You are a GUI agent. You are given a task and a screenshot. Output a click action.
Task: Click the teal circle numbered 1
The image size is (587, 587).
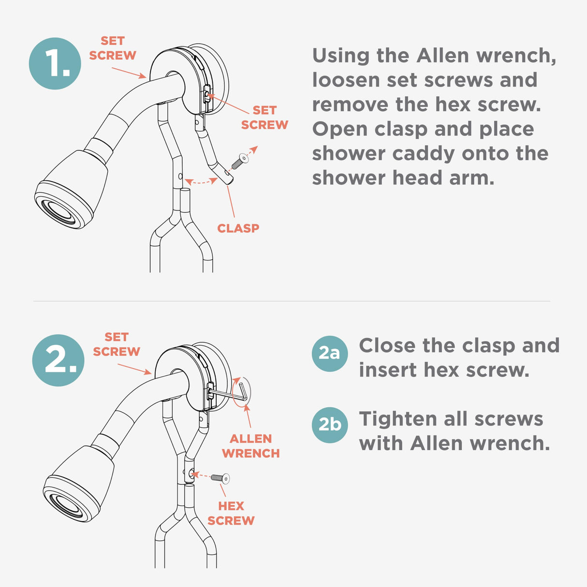pyautogui.click(x=55, y=63)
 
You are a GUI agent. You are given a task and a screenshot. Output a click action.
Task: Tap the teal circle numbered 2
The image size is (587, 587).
pyautogui.click(x=58, y=360)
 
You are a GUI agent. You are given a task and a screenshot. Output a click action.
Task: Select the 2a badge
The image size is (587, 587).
pyautogui.click(x=330, y=353)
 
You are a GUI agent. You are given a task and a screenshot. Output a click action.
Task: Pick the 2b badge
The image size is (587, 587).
pyautogui.click(x=330, y=425)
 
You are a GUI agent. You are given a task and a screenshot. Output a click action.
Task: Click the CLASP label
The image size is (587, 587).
pyautogui.click(x=238, y=228)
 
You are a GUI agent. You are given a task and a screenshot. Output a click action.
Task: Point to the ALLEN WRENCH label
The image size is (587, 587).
pyautogui.click(x=250, y=446)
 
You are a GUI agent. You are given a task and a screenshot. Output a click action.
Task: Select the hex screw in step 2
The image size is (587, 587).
pyautogui.click(x=220, y=478)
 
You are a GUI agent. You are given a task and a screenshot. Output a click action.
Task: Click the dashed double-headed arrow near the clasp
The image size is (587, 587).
pyautogui.click(x=201, y=182)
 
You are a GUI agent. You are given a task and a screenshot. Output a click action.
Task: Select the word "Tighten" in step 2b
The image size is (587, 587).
pyautogui.click(x=398, y=419)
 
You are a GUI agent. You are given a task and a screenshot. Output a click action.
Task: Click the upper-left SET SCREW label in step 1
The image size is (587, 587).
pyautogui.click(x=112, y=48)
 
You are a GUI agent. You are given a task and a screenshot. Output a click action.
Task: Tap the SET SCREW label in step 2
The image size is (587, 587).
pyautogui.click(x=117, y=344)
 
